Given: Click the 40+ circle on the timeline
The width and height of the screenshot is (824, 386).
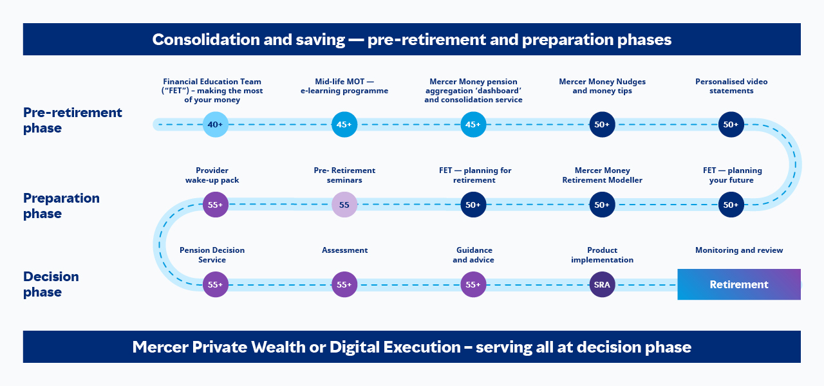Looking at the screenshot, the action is point(216,125).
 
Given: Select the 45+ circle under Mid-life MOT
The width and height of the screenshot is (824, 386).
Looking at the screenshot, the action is point(344,125).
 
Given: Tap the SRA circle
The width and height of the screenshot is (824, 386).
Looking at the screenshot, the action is point(602,284).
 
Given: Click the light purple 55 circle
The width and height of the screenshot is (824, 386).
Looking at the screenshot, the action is point(344,205).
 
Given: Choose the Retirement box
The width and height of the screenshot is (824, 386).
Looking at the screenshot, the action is point(739,284).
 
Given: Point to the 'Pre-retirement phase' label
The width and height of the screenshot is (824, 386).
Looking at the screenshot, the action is point(73,120).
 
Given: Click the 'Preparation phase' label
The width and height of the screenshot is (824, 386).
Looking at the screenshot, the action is point(61,206).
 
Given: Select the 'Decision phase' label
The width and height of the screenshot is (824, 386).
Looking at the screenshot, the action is point(51,284).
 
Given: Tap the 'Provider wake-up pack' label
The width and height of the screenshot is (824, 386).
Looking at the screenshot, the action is point(212,176).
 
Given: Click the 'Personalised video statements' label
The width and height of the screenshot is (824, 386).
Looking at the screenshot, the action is point(731,86).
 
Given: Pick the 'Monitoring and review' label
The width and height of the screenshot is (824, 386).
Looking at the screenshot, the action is point(739,250).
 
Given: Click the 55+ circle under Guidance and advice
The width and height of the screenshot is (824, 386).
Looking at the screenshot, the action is point(473,284).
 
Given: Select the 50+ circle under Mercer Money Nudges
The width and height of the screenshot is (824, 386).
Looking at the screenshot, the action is point(602,125).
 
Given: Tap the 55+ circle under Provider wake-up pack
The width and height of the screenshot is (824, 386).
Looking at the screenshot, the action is point(216,205).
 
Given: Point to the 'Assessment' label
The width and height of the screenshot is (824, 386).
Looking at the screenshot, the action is point(344,250).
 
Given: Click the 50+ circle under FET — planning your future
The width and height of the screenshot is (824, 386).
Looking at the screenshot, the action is point(731,205).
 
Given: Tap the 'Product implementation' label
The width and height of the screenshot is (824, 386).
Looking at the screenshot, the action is point(602,255).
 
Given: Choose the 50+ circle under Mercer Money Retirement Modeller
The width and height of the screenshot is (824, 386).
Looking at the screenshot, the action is point(602,205).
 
